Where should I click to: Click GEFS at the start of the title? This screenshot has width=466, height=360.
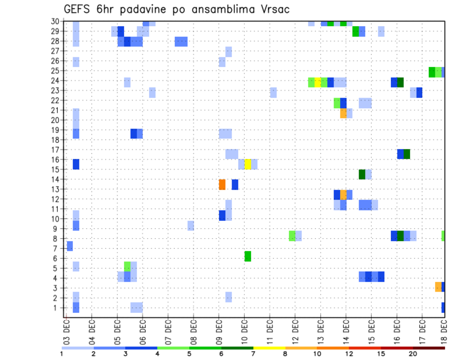(78, 9)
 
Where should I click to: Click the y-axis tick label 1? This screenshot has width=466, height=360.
(57, 308)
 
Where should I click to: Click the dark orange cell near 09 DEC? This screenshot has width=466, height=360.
(222, 184)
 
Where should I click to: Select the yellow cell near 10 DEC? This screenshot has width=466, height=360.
(248, 164)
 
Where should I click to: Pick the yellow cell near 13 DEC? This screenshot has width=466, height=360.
(317, 82)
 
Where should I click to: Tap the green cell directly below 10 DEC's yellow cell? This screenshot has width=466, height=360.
(248, 256)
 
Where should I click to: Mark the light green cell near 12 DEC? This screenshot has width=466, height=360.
(292, 236)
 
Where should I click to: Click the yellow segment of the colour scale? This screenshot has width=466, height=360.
(269, 348)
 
